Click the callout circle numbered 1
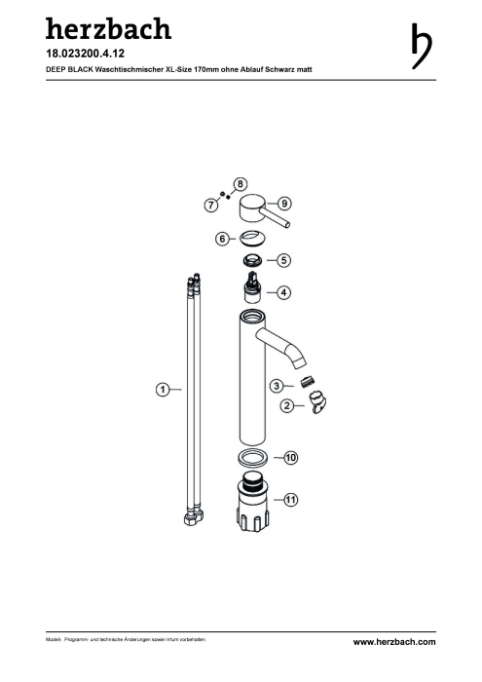(x=163, y=389)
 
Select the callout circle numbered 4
(x=283, y=292)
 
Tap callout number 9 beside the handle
(x=284, y=203)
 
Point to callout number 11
(x=291, y=499)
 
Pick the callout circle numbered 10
(x=291, y=458)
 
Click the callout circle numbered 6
(x=223, y=239)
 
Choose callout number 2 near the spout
(x=287, y=406)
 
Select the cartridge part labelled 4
(x=251, y=288)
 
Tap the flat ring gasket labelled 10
(x=252, y=458)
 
